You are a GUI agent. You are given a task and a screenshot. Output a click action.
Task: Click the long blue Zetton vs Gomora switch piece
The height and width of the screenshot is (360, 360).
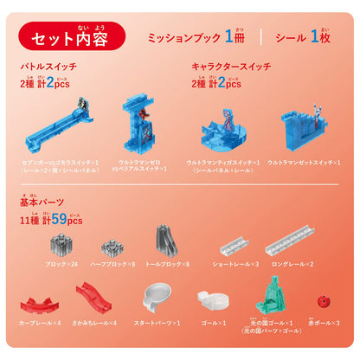(x=65, y=130)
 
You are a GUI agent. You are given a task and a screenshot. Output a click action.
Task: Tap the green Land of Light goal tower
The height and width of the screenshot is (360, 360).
(x=275, y=294)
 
